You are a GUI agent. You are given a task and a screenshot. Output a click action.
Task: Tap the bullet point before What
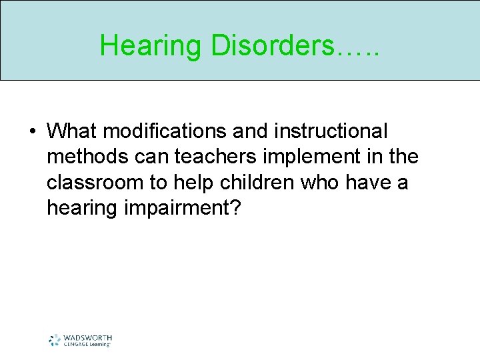click(32, 131)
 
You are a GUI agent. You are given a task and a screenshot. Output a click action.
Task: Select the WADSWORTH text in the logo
click(87, 337)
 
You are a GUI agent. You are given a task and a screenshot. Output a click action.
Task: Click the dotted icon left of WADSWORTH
click(55, 340)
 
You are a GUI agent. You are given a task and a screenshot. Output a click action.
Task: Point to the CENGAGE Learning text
click(87, 344)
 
